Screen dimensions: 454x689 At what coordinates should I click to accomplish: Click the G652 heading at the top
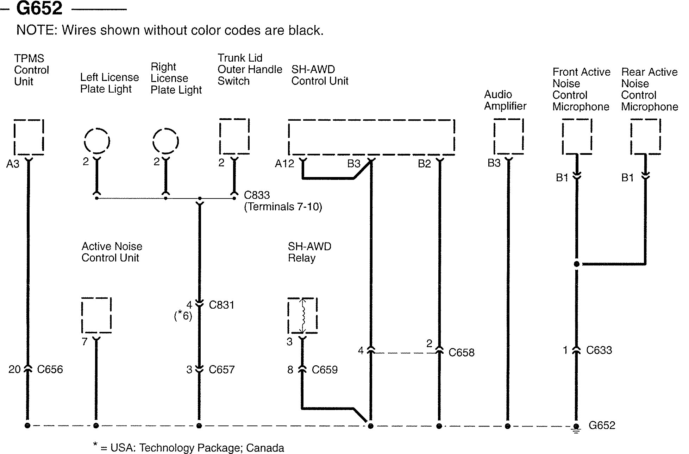point(39,8)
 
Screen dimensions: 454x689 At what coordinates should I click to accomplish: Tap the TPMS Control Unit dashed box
point(29,137)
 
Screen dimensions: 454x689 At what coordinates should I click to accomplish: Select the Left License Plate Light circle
point(97,141)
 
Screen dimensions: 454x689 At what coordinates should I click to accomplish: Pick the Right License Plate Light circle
point(165,141)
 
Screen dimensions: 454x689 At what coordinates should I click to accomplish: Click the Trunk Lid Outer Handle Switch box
point(234,137)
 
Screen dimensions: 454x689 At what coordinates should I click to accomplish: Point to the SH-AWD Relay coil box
point(302,315)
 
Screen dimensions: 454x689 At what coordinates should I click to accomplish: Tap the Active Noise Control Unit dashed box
point(96,315)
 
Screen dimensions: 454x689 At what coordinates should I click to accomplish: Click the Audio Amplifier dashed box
point(508,137)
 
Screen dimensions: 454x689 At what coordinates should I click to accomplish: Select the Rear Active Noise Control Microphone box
point(645,137)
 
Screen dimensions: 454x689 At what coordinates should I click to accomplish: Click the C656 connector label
point(50,370)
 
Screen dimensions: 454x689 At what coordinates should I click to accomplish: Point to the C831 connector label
point(221,305)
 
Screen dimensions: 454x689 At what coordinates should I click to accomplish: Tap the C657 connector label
point(221,370)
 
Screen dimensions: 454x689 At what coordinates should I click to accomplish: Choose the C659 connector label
point(325,370)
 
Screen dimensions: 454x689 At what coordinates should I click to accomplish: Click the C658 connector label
point(461,352)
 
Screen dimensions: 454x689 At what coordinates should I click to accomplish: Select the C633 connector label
point(599,350)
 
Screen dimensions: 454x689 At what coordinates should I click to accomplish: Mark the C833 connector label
point(257,195)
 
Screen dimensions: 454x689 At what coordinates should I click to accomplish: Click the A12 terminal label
point(284,164)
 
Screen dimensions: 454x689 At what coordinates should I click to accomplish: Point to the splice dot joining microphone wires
point(577,264)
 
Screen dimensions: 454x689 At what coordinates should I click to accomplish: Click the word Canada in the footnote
point(265,448)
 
